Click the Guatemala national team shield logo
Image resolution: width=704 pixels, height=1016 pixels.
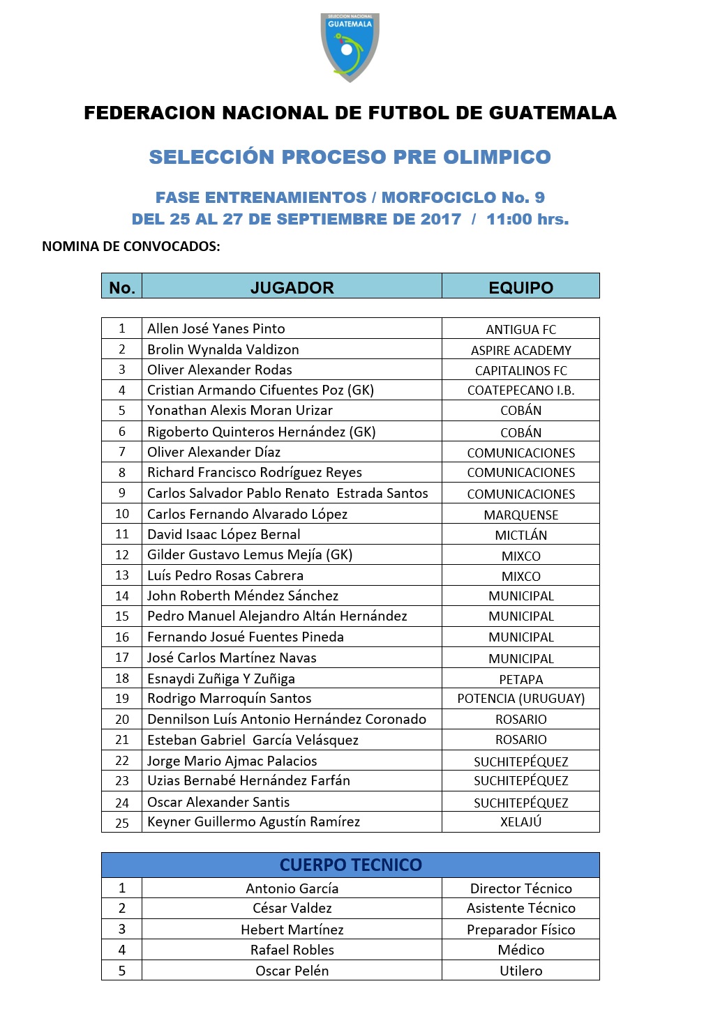tap(350, 47)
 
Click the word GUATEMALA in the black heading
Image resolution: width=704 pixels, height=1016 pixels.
tap(552, 113)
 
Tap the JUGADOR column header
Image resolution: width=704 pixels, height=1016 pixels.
tap(292, 287)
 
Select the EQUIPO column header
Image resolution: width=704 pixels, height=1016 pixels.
tap(520, 287)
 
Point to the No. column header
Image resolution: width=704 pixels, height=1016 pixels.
tap(121, 287)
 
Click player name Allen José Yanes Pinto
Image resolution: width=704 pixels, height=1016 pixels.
tap(216, 328)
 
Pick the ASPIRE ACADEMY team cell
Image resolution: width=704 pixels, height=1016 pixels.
tap(520, 350)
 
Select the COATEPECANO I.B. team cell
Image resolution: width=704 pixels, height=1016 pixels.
tap(520, 391)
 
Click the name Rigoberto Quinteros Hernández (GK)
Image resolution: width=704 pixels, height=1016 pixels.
tap(261, 432)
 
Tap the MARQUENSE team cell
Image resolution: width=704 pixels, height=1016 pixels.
tap(520, 515)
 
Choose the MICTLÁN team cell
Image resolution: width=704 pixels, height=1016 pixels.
tap(520, 535)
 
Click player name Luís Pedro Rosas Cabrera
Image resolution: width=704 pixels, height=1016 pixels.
tap(225, 575)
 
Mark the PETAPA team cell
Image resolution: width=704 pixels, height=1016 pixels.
tap(520, 679)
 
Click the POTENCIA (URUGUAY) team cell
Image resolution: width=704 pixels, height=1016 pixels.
tap(520, 698)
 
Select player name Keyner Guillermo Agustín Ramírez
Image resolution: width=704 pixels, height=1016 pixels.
tap(253, 821)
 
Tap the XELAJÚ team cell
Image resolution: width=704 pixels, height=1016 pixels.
tap(520, 821)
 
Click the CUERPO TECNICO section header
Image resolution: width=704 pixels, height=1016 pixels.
tap(350, 865)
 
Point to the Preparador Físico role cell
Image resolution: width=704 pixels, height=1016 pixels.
tap(520, 930)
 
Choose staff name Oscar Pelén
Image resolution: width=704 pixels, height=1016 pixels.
tap(292, 971)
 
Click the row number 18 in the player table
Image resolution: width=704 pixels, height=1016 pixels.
tap(122, 678)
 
